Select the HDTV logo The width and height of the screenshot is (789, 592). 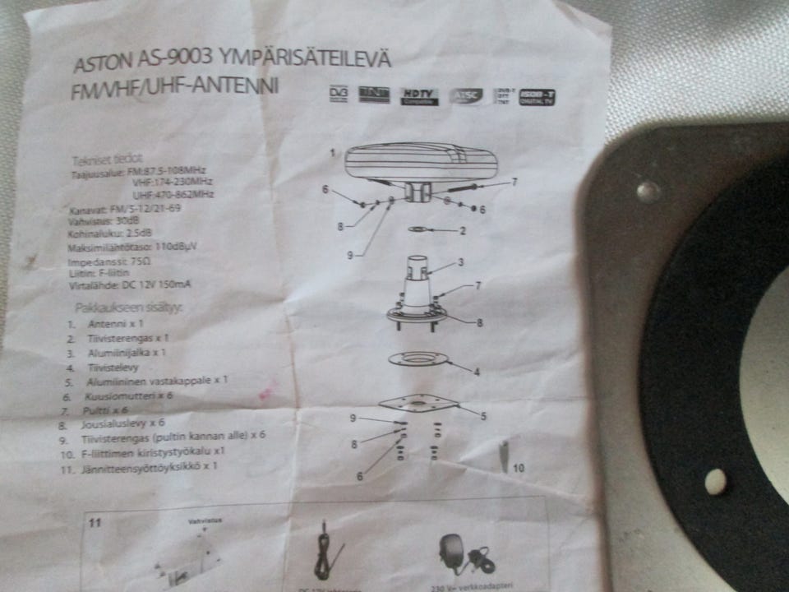[419, 97]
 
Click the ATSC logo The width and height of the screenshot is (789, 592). [467, 97]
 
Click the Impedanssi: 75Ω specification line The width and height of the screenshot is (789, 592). [112, 261]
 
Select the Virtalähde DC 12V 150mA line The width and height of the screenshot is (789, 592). [131, 284]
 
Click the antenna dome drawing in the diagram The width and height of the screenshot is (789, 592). [419, 163]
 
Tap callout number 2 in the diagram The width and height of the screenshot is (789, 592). [463, 231]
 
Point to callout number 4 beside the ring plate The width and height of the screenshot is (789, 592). [476, 372]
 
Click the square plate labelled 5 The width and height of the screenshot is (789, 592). [418, 404]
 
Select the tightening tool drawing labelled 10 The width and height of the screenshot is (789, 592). [503, 454]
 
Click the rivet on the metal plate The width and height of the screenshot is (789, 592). [648, 192]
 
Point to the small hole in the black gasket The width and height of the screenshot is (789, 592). [716, 482]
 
